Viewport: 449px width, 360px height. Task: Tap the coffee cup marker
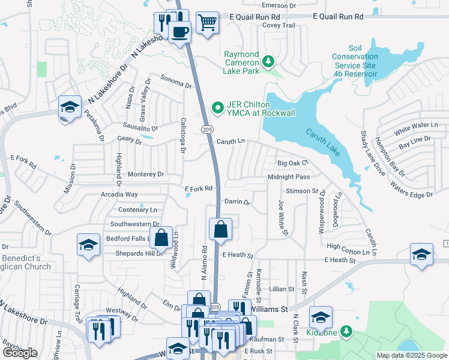click(179, 31)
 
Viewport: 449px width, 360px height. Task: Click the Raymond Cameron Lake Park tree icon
click(268, 61)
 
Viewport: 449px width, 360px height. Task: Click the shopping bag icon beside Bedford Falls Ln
click(161, 238)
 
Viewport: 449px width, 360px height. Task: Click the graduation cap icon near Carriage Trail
click(88, 245)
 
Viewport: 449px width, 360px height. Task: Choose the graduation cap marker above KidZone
click(321, 317)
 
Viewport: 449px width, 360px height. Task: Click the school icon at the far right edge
click(421, 254)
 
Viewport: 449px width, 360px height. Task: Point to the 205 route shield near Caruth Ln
click(208, 130)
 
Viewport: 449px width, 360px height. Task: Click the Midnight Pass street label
click(289, 177)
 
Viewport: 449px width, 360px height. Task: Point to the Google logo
click(20, 353)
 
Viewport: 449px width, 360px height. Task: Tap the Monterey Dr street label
click(146, 174)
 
